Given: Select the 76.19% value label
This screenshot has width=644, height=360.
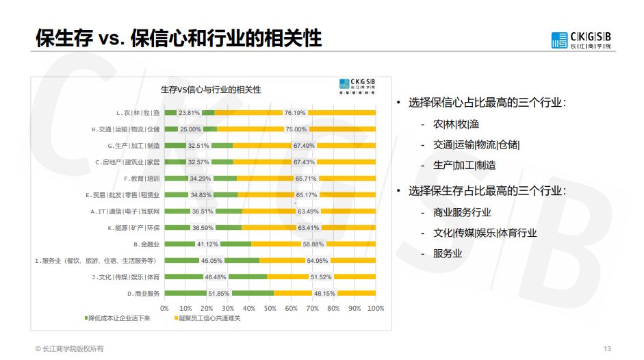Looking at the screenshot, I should coord(295,112).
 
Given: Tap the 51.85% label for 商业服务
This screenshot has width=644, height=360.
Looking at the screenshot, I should coord(218,293).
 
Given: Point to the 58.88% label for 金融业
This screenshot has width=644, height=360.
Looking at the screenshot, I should coord(313,244).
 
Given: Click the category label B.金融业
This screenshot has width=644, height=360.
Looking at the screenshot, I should coord(146,244).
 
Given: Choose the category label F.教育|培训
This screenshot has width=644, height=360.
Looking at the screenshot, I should coord(142,178).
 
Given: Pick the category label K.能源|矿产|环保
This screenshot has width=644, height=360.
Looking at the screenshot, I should coord(134,227).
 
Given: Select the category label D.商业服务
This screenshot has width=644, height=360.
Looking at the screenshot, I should coord(143,293).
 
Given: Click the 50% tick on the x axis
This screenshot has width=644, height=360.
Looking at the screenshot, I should coord(270,308).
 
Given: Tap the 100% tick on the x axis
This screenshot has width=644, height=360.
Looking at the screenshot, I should coord(375,308).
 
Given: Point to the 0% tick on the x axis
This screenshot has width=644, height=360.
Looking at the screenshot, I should coord(164,308).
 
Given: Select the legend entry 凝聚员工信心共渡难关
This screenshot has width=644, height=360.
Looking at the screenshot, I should coord(208,318).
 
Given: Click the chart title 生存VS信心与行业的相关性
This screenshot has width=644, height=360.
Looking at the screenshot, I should coord(210,90).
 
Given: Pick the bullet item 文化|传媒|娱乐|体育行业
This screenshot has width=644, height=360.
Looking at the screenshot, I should coord(485,233).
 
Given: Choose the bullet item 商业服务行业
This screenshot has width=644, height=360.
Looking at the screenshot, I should coord(462,212).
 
